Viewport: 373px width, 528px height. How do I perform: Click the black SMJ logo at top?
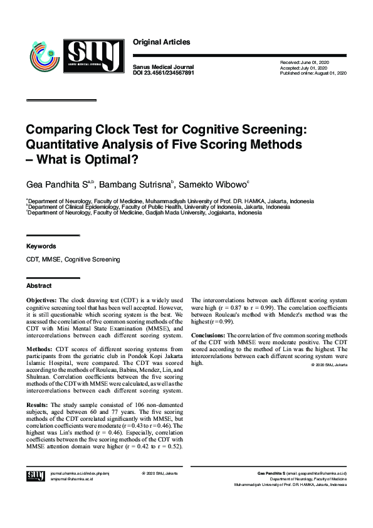tap(93, 56)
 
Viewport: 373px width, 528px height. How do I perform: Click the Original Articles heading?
tap(161, 43)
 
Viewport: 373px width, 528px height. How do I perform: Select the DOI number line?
tap(164, 73)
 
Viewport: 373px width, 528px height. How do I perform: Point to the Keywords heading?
tap(41, 246)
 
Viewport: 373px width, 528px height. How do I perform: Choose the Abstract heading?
tap(38, 285)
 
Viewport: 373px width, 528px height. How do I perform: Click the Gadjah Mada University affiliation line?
tap(148, 213)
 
